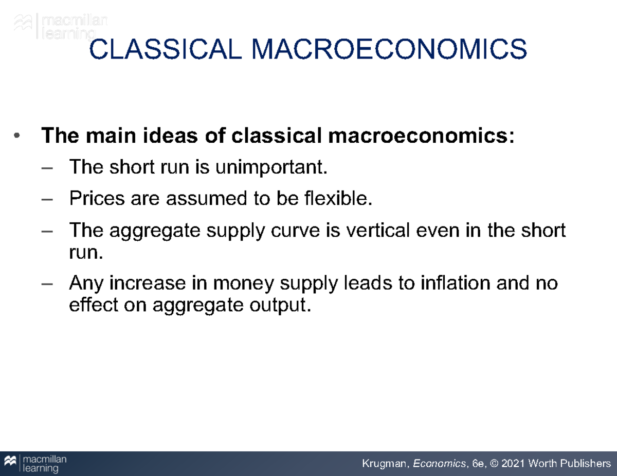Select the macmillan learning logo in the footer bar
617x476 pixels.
pyautogui.click(x=35, y=464)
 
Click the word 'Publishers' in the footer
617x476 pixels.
pyautogui.click(x=584, y=464)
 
